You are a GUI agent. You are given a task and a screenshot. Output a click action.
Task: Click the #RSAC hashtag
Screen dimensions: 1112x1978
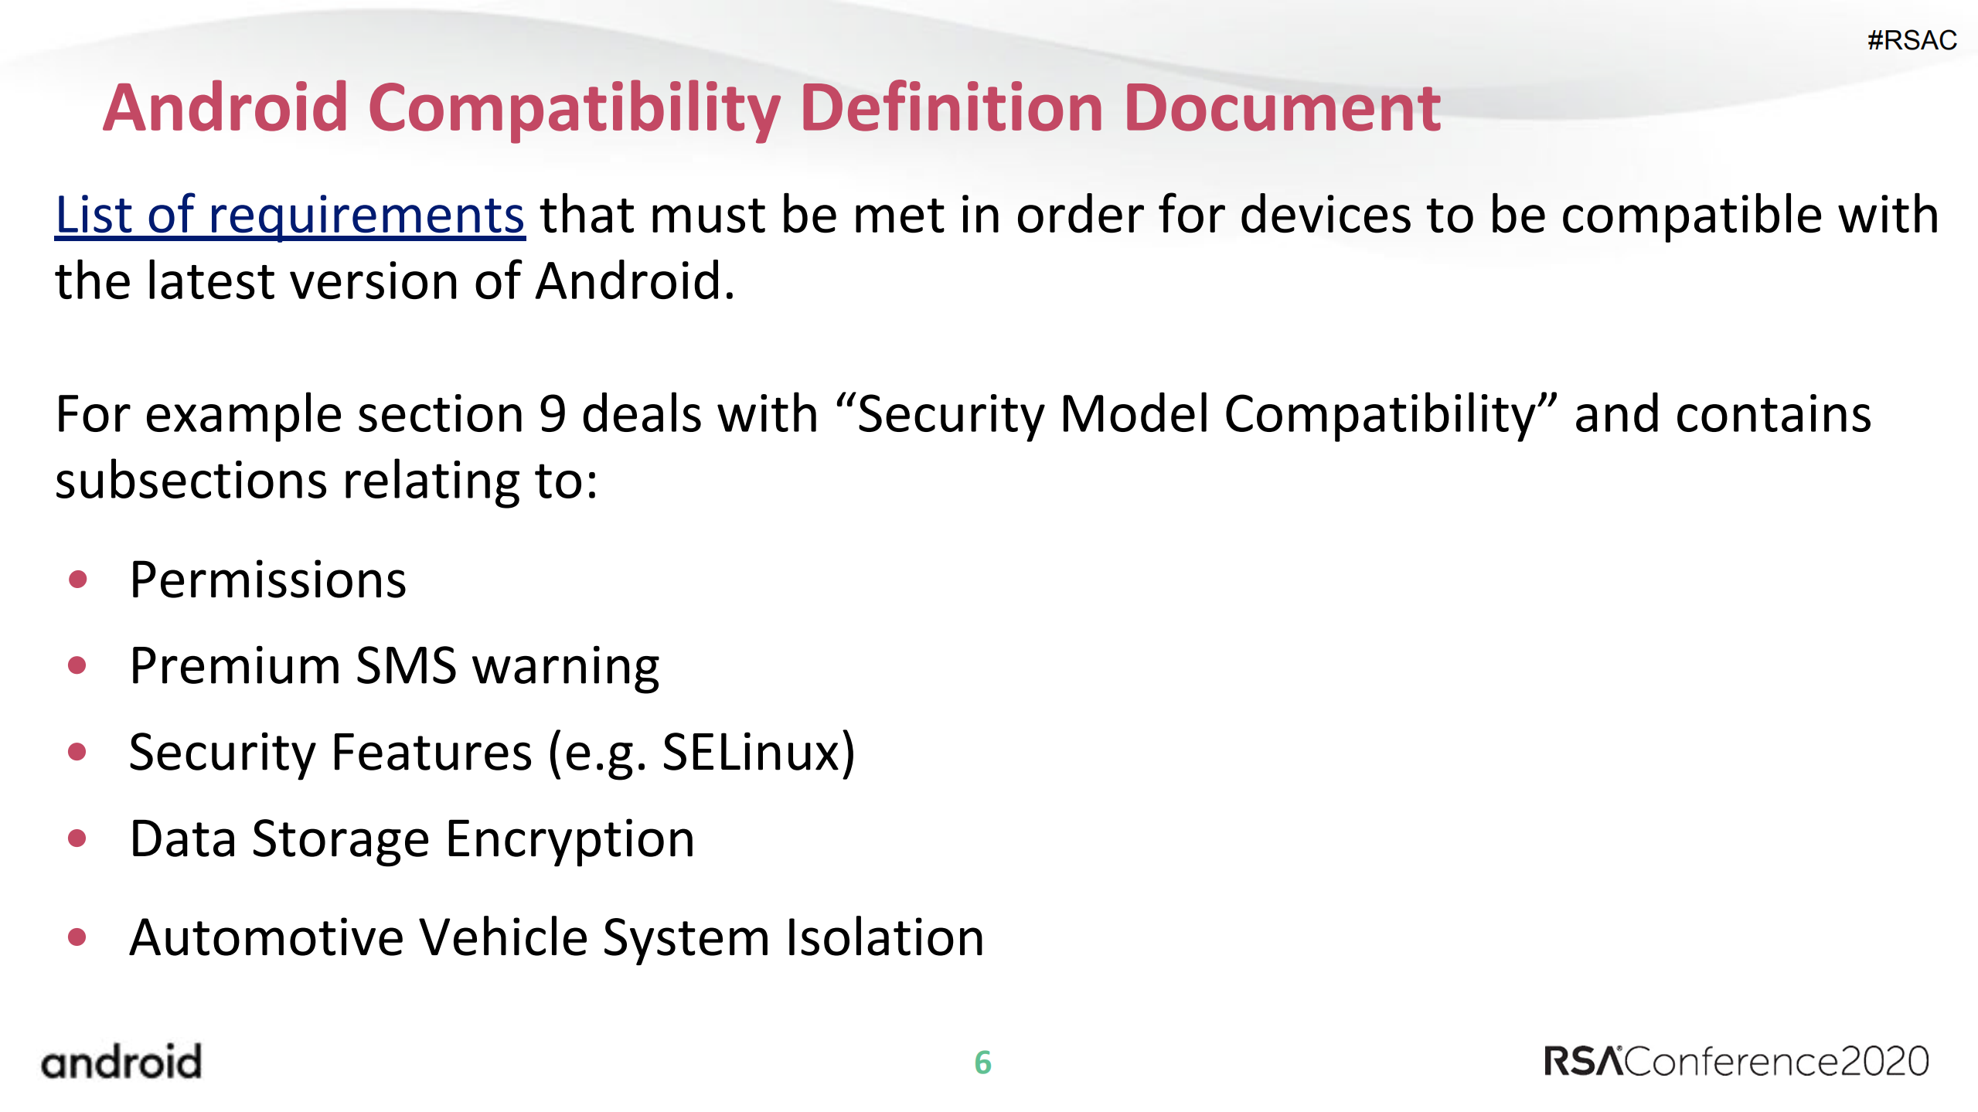[x=1912, y=40]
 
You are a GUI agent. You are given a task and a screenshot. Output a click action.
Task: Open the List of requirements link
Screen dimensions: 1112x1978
[x=290, y=215]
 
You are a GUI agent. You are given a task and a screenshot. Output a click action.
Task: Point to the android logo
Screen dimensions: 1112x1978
[x=121, y=1062]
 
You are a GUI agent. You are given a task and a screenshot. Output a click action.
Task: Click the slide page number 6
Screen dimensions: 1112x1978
[x=982, y=1063]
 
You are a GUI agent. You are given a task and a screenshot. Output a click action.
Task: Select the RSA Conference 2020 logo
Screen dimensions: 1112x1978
[x=1736, y=1062]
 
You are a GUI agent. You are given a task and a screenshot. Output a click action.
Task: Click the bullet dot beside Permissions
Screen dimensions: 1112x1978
[x=77, y=580]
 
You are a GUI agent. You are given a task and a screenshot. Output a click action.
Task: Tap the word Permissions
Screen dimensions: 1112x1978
[x=267, y=580]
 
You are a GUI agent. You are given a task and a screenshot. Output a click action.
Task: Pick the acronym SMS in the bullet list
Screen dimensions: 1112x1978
[x=406, y=666]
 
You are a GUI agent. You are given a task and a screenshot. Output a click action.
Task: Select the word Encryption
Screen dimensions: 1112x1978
[x=570, y=839]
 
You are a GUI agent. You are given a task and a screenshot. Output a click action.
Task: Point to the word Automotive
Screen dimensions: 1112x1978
[x=266, y=938]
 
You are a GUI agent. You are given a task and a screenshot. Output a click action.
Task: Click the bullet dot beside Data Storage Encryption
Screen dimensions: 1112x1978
[x=77, y=838]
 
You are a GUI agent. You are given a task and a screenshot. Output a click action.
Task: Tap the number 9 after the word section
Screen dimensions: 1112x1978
[x=552, y=414]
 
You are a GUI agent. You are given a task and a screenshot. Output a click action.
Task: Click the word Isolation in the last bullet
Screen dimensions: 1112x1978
[x=884, y=938]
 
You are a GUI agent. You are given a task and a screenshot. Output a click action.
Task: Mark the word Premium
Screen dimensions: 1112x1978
[x=235, y=666]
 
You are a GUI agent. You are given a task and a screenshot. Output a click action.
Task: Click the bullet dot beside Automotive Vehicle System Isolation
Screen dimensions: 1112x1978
[x=77, y=937]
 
